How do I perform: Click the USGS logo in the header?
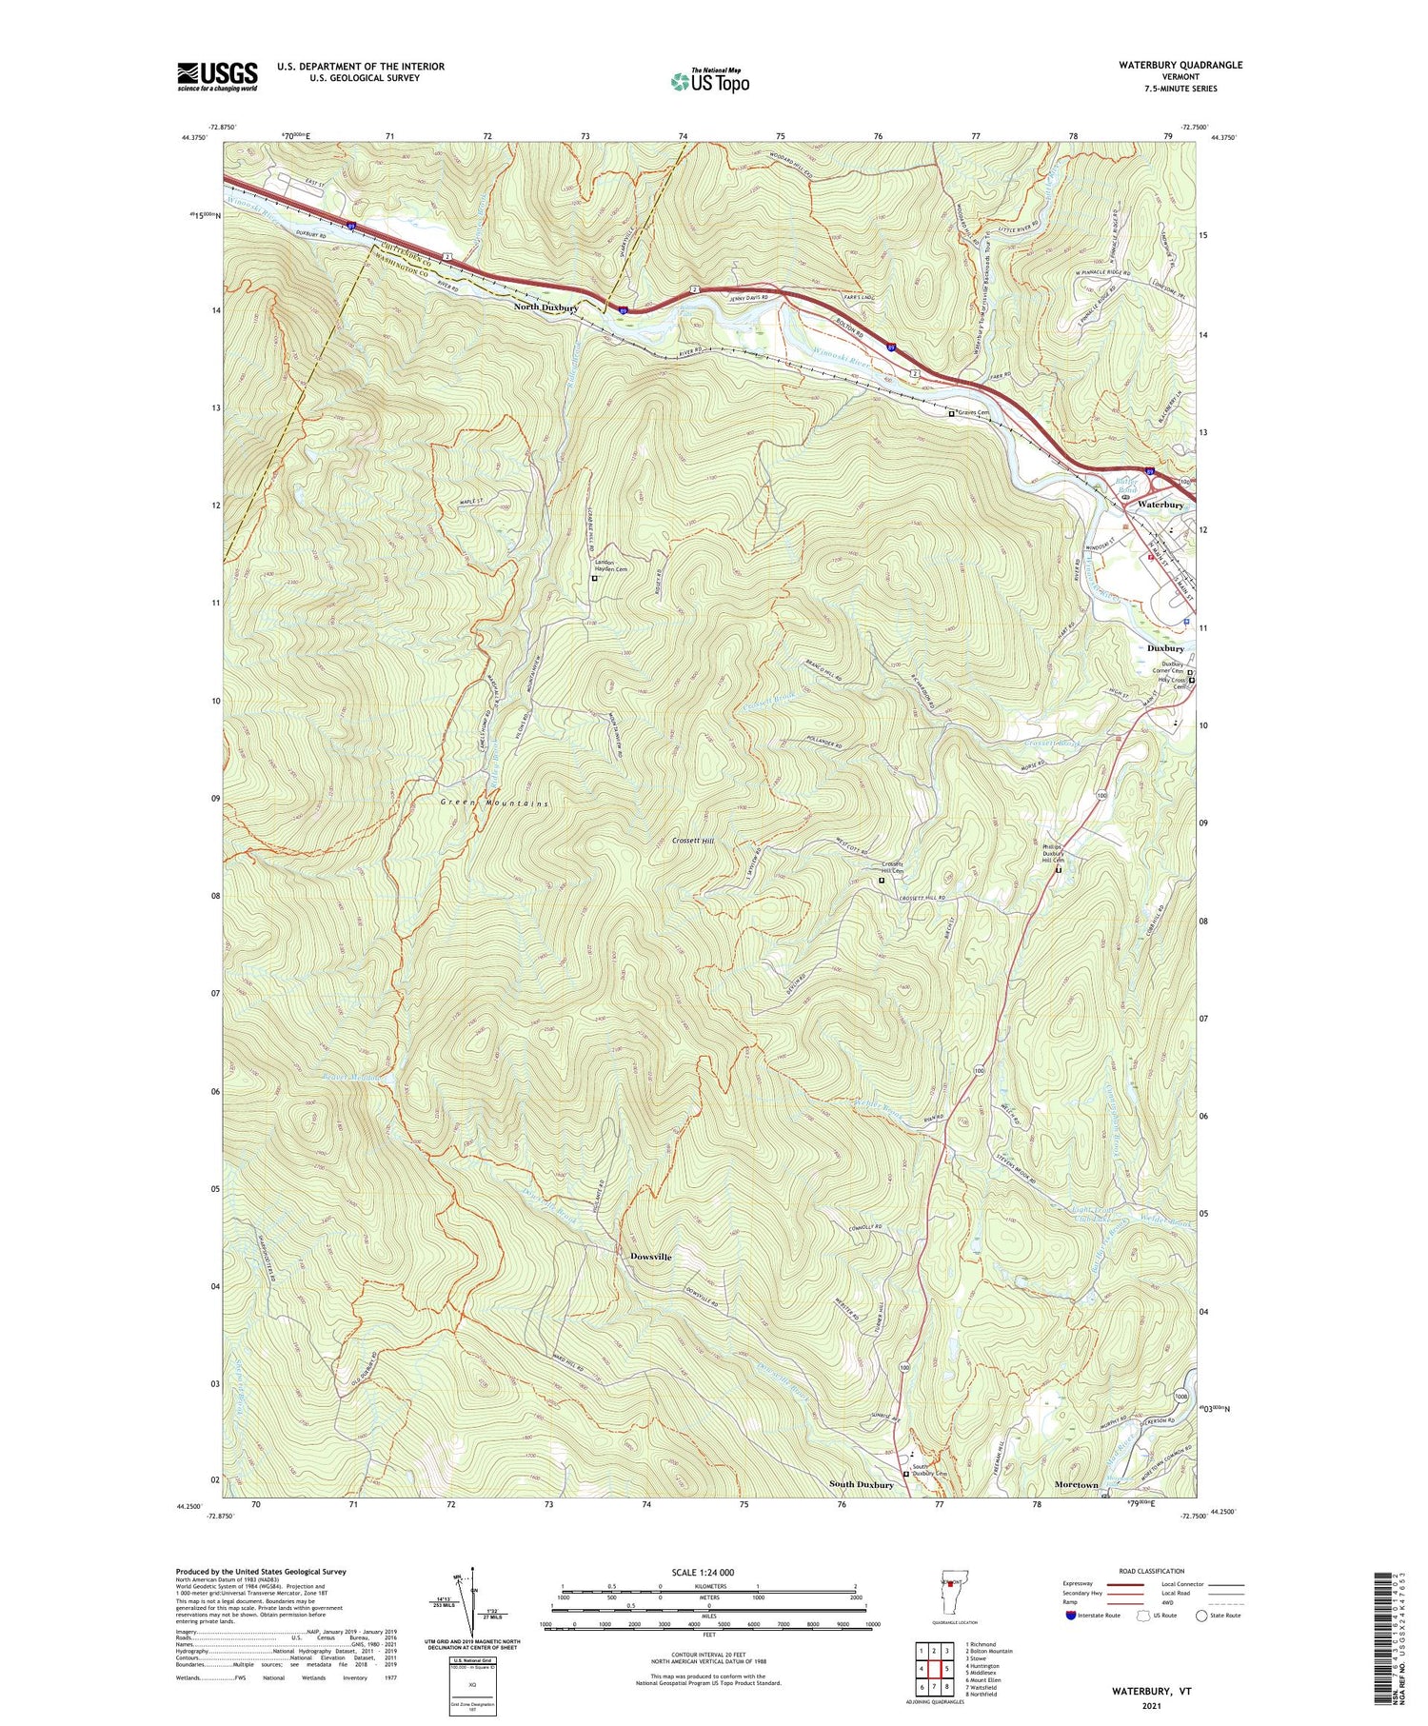pyautogui.click(x=217, y=76)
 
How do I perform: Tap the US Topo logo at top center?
pyautogui.click(x=709, y=81)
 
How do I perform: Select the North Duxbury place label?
pyautogui.click(x=545, y=308)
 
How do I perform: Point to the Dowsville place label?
pyautogui.click(x=650, y=1257)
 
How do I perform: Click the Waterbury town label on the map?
pyautogui.click(x=1160, y=505)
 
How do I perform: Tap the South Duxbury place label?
pyautogui.click(x=861, y=1484)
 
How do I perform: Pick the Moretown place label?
pyautogui.click(x=1076, y=1484)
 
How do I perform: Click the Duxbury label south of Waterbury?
pyautogui.click(x=1164, y=648)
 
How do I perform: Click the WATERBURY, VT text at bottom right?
pyautogui.click(x=1151, y=1692)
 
